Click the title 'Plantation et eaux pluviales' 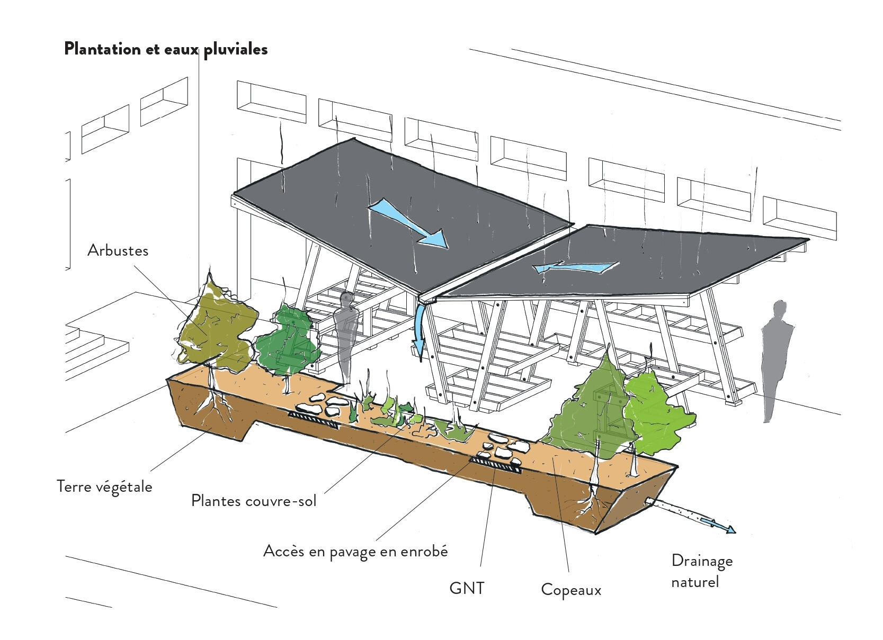tap(165, 49)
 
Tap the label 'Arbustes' tap(118, 250)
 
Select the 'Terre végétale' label tap(104, 486)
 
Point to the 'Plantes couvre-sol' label tap(253, 500)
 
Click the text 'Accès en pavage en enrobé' tap(355, 552)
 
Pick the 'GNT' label tap(466, 588)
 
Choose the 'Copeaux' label tap(570, 590)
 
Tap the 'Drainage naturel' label tap(701, 571)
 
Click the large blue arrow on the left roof tap(408, 223)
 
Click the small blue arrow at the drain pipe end tap(718, 525)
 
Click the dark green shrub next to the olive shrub tap(288, 341)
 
